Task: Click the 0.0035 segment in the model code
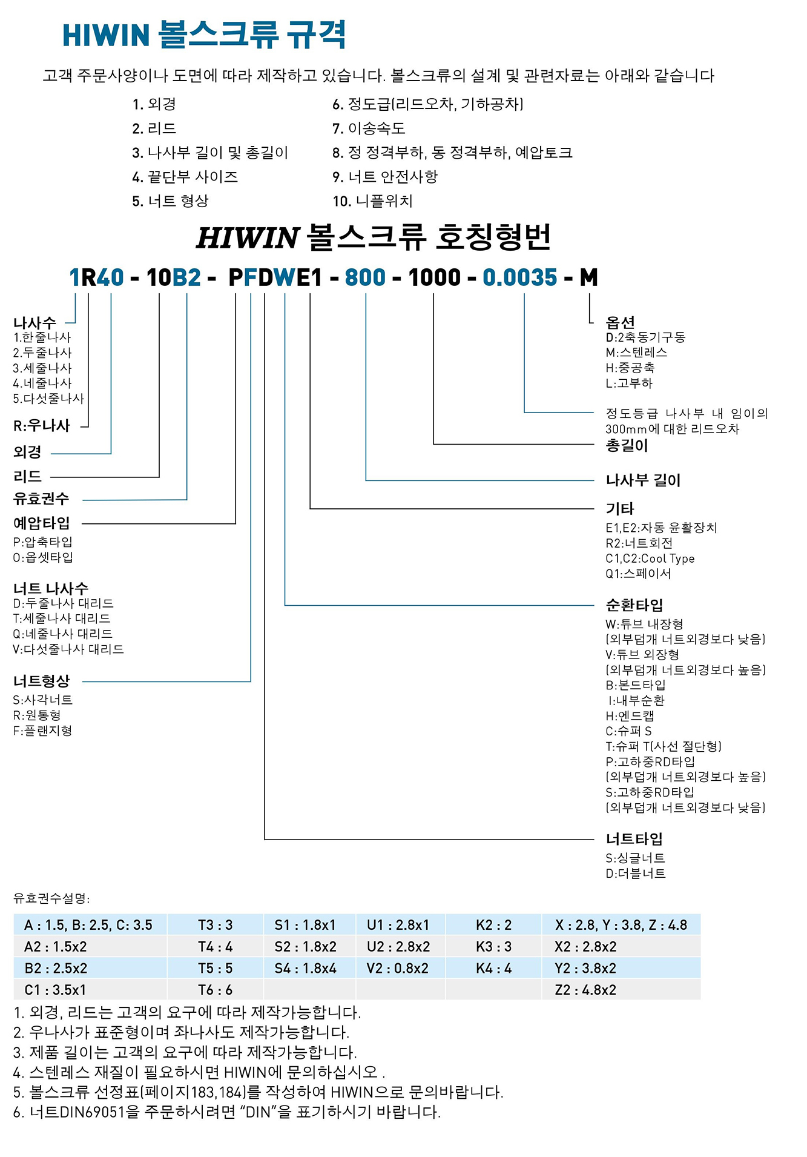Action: click(519, 277)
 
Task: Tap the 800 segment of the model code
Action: click(365, 277)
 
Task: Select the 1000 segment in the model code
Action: click(434, 277)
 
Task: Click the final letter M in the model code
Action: click(588, 277)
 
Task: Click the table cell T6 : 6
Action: click(215, 990)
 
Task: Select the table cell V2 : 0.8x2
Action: click(397, 968)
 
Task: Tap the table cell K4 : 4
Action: click(493, 968)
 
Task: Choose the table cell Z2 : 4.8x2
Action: click(585, 990)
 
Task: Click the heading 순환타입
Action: click(634, 605)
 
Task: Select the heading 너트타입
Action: click(634, 839)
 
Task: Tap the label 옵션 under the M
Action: click(620, 322)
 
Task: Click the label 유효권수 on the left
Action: click(41, 499)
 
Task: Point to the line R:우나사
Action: click(42, 425)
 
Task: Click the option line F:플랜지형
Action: click(42, 731)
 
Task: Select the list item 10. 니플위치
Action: click(372, 201)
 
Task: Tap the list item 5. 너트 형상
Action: click(170, 201)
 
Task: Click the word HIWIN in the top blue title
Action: click(106, 35)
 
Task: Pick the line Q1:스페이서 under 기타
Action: click(638, 574)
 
